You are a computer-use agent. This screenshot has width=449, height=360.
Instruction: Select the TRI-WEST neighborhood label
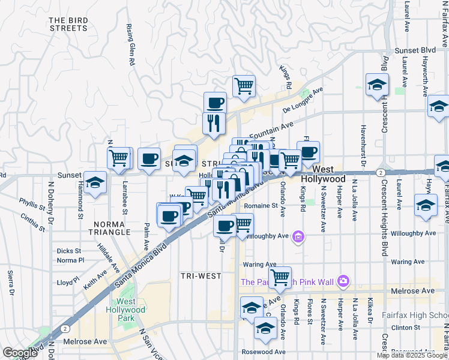[x=201, y=276]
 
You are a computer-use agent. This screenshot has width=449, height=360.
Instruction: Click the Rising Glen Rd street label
[x=129, y=44]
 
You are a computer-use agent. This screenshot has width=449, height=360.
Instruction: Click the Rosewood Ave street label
[x=264, y=352]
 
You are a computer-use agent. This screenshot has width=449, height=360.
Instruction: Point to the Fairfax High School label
[x=415, y=316]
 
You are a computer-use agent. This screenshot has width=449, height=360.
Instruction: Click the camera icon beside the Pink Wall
[x=343, y=280]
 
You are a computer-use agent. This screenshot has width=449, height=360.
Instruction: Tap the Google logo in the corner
[x=20, y=353]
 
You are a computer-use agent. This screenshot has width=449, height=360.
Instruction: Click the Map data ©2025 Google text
[x=412, y=355]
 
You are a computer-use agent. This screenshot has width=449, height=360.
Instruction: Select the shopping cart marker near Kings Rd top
[x=244, y=86]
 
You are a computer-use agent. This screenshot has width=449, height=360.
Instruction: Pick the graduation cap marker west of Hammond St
[x=95, y=182]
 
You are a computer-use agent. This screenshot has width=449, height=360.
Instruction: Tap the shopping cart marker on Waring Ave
[x=280, y=277]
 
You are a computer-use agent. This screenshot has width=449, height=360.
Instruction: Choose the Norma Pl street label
[x=70, y=260]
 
